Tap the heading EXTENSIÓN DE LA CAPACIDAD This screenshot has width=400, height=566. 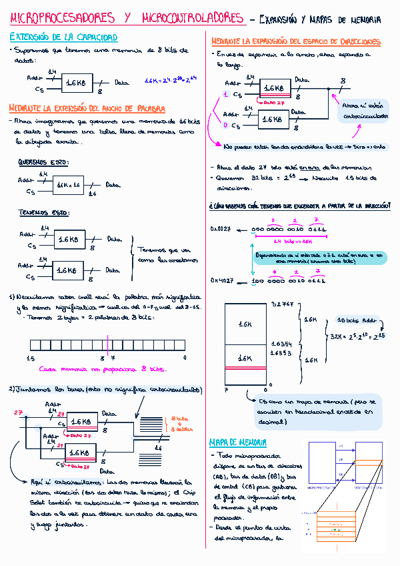[x=63, y=37]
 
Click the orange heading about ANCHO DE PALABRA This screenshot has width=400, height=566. [x=87, y=108]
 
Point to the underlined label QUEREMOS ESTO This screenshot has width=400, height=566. [x=43, y=162]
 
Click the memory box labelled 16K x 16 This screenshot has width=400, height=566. [x=68, y=184]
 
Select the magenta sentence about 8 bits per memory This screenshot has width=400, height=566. [x=101, y=368]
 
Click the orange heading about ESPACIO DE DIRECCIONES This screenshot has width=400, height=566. [x=296, y=42]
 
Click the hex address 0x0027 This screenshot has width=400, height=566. [x=221, y=229]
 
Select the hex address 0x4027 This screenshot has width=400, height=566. [x=221, y=281]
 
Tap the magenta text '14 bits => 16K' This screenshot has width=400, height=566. [x=294, y=240]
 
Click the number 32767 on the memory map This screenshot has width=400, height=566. [x=281, y=305]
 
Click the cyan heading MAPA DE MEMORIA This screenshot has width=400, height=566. [x=238, y=443]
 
